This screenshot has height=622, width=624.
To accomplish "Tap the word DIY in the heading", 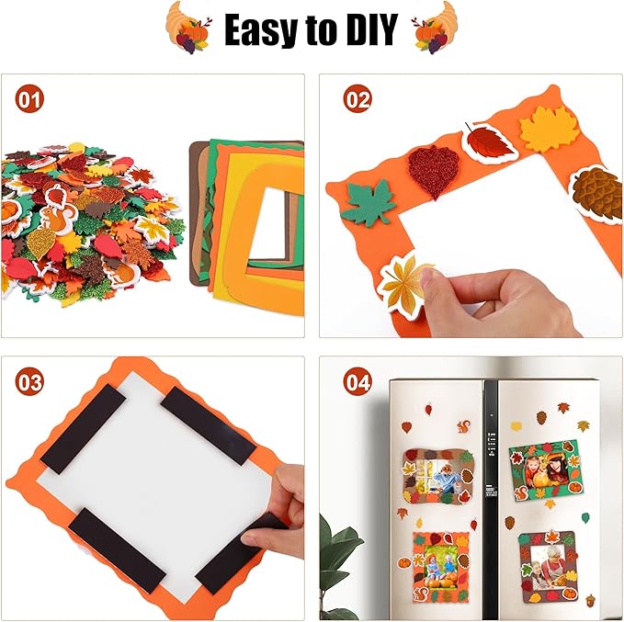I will point(368,30).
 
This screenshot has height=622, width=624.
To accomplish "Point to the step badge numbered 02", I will point(357,98).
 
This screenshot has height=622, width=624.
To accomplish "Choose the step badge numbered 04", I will point(357,382).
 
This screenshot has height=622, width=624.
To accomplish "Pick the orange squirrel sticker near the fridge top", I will point(463,426).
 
